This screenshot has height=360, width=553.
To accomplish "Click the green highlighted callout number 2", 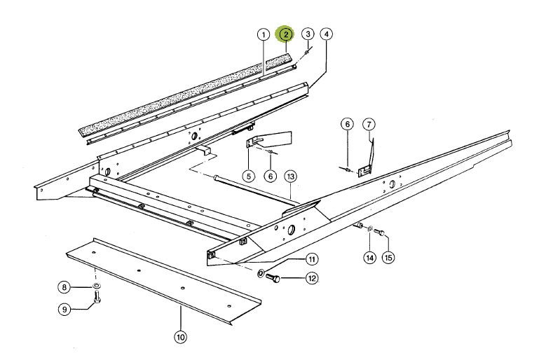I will (285, 34).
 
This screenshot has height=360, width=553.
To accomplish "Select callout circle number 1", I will (263, 34).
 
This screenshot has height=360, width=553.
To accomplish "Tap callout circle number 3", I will (308, 34).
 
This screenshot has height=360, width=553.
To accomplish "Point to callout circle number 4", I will (327, 34).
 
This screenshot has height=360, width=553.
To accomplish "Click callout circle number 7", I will (369, 125).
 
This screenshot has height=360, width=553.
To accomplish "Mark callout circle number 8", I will (64, 286).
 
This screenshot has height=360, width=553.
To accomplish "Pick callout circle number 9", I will (64, 309).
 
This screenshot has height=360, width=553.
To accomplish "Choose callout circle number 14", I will (369, 257).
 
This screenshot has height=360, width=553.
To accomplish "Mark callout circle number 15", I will (388, 257).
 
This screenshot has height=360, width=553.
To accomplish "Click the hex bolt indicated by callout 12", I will (275, 279).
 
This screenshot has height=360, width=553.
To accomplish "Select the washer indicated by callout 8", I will (95, 286).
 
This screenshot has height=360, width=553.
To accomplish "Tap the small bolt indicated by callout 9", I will (96, 300).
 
